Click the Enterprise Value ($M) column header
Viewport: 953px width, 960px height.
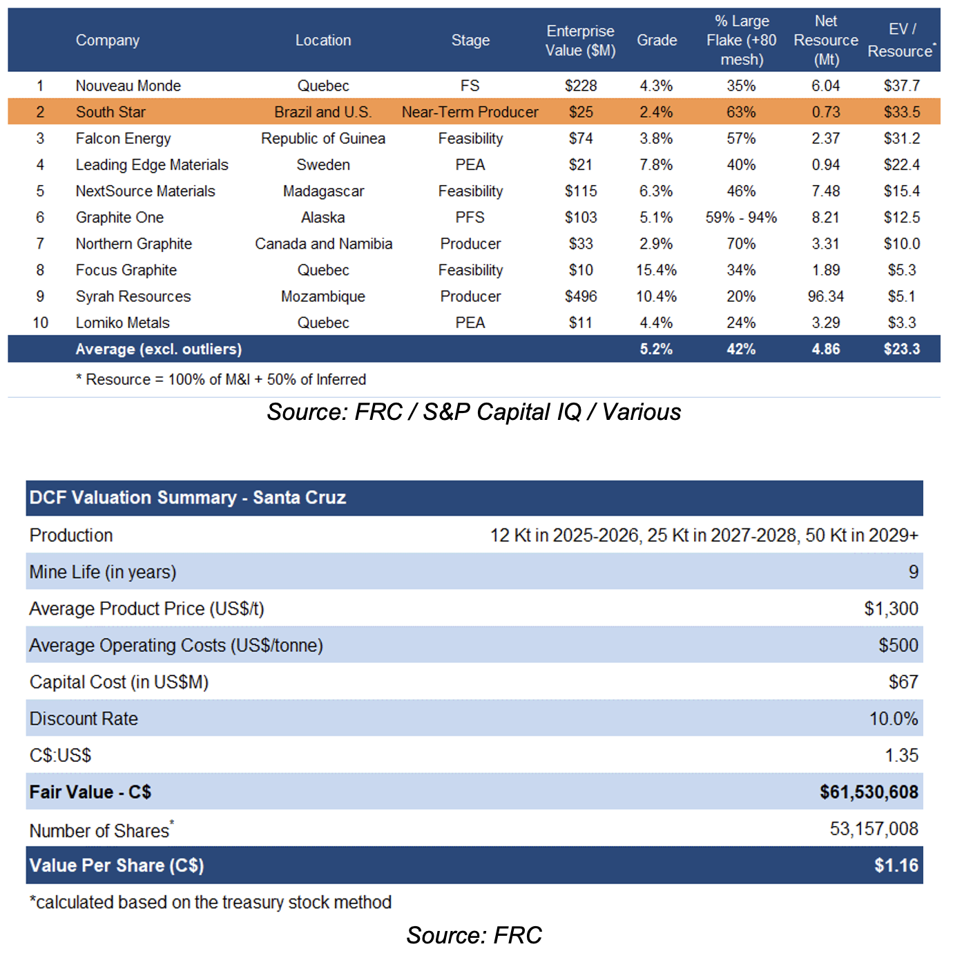[580, 40]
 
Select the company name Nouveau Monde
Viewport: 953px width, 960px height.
[128, 86]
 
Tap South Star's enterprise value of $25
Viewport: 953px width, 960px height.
[581, 112]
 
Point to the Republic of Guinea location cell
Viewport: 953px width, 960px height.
[323, 139]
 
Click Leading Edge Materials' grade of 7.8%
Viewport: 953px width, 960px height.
[656, 165]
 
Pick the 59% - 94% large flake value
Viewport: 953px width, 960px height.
[741, 218]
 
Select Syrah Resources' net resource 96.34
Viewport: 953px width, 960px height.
[825, 296]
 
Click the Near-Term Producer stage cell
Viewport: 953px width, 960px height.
[470, 112]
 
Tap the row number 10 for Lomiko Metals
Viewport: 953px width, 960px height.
[40, 323]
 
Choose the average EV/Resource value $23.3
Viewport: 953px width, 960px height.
[902, 349]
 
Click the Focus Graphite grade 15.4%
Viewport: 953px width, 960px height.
[656, 270]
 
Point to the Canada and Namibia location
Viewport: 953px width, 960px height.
[323, 244]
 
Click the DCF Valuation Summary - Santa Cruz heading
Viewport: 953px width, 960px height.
[187, 498]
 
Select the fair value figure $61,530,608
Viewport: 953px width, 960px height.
[869, 792]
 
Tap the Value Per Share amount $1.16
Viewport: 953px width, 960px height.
[896, 865]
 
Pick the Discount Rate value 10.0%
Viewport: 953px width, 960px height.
[894, 718]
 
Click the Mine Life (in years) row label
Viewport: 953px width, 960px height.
[103, 572]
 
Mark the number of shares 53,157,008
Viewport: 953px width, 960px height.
[874, 829]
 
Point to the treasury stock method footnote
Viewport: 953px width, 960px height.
[210, 902]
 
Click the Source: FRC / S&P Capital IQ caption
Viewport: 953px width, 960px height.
[473, 412]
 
